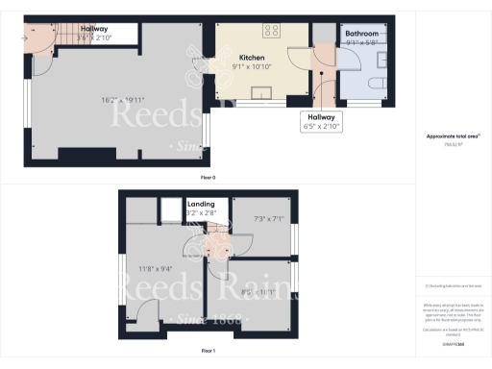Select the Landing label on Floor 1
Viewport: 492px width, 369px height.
200,204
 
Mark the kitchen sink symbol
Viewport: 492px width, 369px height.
259,92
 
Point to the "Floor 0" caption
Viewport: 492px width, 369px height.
208,178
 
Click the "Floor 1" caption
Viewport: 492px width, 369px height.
208,353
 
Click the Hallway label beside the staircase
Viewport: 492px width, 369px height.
94,29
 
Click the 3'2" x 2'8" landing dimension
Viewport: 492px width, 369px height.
200,213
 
